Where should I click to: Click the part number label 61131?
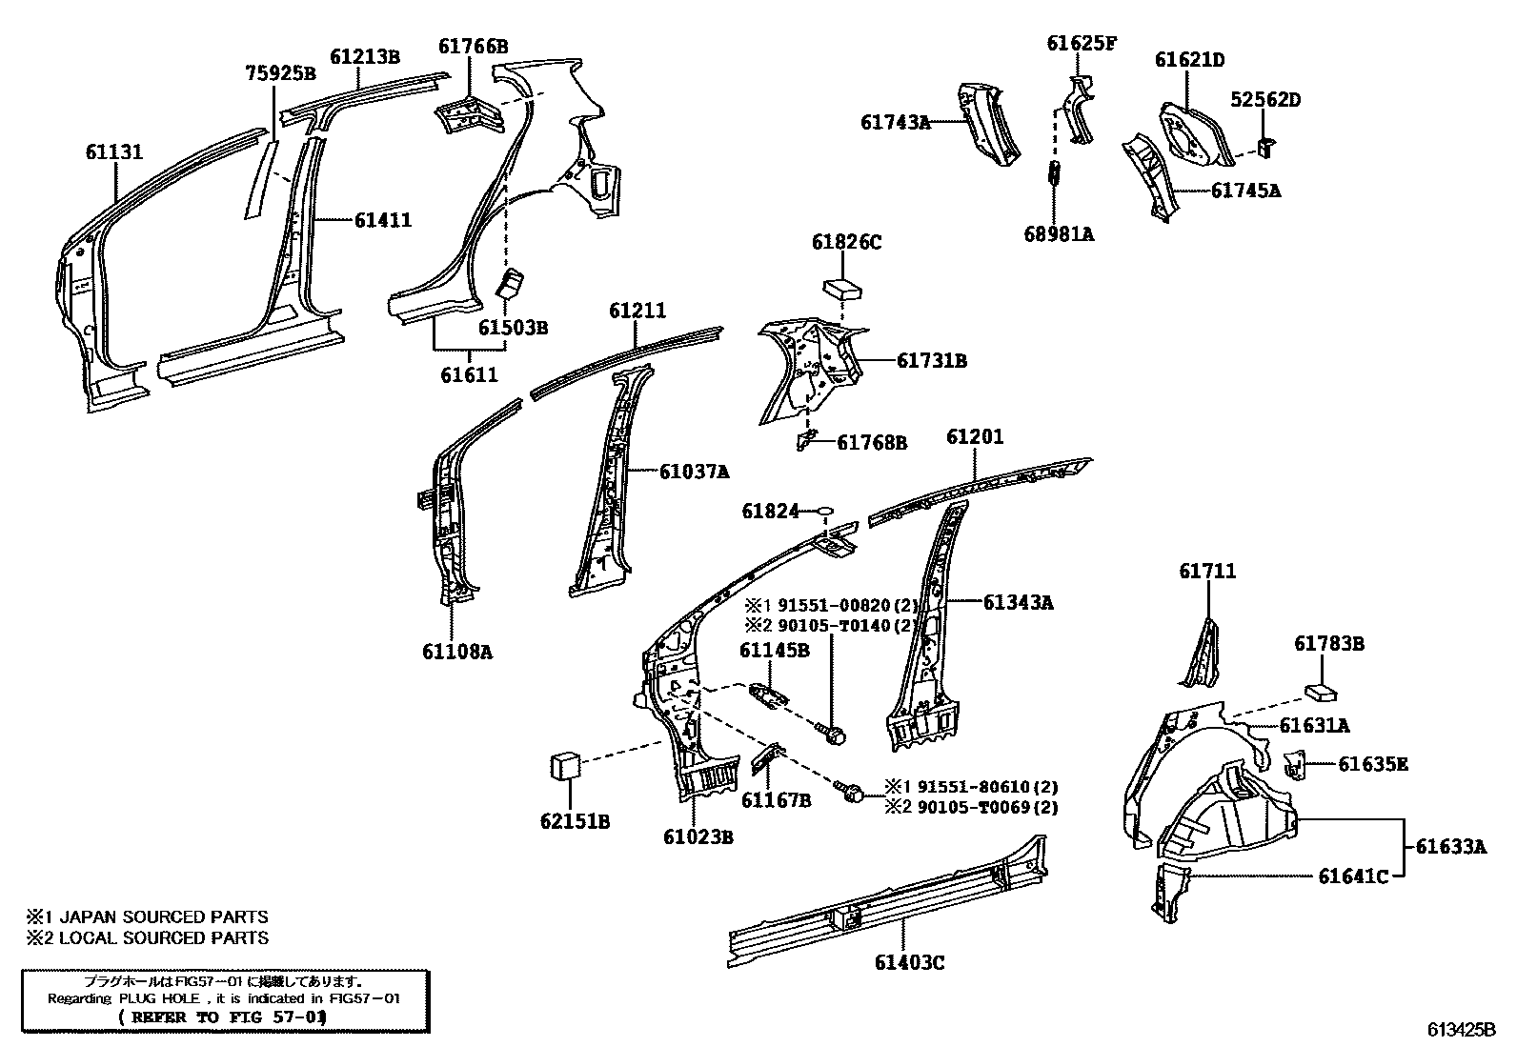[x=113, y=152]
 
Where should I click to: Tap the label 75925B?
[x=279, y=73]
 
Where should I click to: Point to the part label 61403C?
[x=909, y=963]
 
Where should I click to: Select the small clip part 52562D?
[x=1266, y=144]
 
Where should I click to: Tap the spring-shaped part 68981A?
[x=1056, y=173]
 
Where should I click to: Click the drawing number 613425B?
[x=1461, y=1029]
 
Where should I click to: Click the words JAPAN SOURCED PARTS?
[x=164, y=917]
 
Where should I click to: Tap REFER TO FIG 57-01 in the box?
[x=222, y=1017]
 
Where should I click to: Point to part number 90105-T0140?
[x=832, y=626]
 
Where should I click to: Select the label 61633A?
[x=1450, y=846]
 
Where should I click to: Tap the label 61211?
[x=637, y=311]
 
